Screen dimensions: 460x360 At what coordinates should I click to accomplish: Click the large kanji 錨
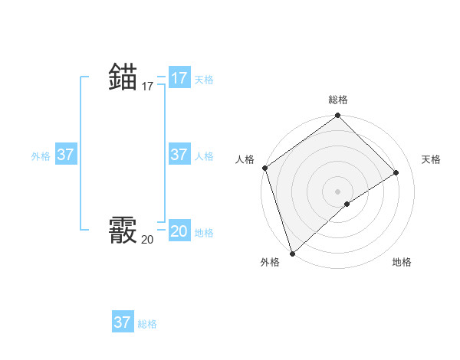[x=123, y=77]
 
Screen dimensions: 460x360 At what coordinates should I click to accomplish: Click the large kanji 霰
[x=123, y=231]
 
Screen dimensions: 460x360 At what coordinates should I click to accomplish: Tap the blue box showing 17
[x=179, y=78]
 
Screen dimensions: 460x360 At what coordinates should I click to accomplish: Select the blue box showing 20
[x=179, y=231]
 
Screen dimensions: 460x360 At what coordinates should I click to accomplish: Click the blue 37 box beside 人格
[x=179, y=155]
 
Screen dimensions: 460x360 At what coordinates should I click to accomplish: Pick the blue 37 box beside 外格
[x=66, y=155]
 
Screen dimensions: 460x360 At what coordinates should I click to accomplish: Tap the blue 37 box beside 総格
[x=123, y=322]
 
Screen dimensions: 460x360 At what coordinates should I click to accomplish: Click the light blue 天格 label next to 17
[x=204, y=80]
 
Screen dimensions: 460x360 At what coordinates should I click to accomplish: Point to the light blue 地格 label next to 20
[x=204, y=233]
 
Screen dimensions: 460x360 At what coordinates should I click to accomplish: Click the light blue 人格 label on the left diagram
[x=204, y=156]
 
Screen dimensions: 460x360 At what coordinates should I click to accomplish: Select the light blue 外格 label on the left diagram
[x=41, y=156]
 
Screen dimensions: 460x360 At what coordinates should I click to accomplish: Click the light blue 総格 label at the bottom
[x=147, y=324]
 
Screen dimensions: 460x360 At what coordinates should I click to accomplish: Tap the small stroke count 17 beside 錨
[x=147, y=87]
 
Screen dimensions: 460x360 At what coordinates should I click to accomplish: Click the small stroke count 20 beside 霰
[x=147, y=240]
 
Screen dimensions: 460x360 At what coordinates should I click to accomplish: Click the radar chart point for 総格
[x=337, y=116]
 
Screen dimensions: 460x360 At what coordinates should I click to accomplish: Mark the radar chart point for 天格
[x=396, y=172]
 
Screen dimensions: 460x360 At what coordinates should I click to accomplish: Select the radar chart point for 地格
[x=347, y=204]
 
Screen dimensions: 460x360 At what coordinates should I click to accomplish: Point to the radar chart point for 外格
[x=292, y=253]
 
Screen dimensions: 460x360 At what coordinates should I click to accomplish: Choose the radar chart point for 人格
[x=264, y=168]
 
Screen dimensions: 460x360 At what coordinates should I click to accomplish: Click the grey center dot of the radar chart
[x=337, y=191]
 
